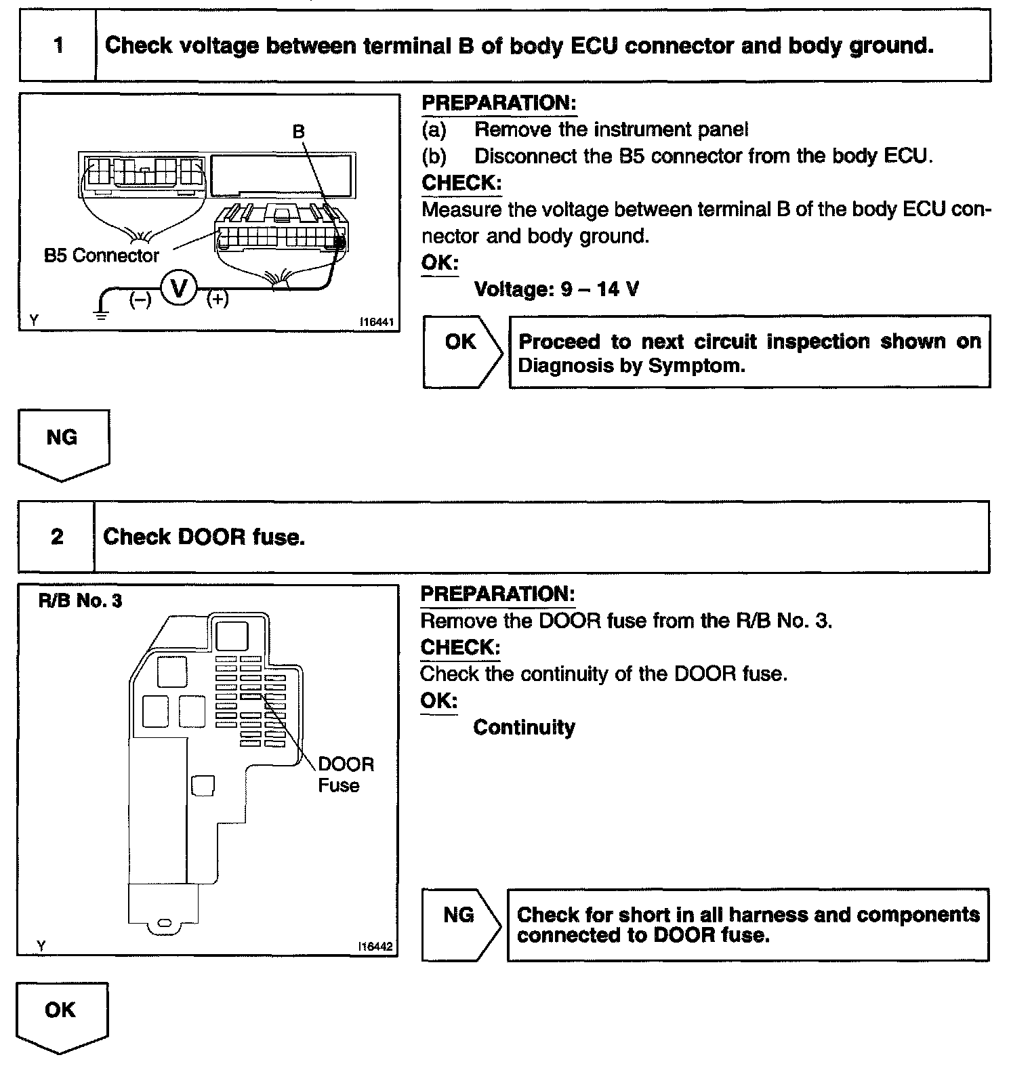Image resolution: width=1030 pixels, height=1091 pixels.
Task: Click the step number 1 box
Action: pyautogui.click(x=58, y=46)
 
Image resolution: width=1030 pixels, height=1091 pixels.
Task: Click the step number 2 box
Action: pyautogui.click(x=57, y=537)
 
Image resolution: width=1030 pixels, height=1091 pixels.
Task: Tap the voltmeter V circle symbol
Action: pyautogui.click(x=178, y=289)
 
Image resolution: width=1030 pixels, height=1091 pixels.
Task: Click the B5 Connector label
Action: pyautogui.click(x=101, y=255)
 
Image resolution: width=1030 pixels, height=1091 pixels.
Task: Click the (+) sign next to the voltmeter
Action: pyautogui.click(x=218, y=298)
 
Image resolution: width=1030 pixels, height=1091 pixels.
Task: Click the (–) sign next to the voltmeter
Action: pyautogui.click(x=140, y=299)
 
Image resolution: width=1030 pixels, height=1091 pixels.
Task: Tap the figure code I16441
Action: pyautogui.click(x=376, y=323)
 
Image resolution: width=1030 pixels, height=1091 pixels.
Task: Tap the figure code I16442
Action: pyautogui.click(x=376, y=947)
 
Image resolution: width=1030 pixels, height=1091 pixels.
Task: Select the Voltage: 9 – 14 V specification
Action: pyautogui.click(x=556, y=289)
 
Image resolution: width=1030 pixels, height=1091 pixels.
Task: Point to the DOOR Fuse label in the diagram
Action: pyautogui.click(x=345, y=775)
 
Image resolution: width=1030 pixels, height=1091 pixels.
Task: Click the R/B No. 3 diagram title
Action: pyautogui.click(x=80, y=601)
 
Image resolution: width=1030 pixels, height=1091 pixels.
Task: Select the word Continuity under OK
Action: pyautogui.click(x=524, y=727)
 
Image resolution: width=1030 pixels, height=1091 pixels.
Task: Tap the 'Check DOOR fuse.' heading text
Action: pyautogui.click(x=204, y=537)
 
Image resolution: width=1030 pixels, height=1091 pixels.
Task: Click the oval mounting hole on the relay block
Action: pyautogui.click(x=164, y=924)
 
